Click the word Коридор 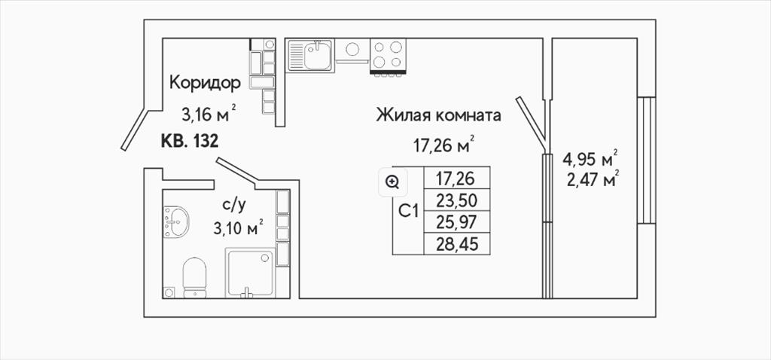[205, 83]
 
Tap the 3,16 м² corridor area [209, 114]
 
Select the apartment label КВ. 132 [189, 142]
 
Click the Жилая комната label [439, 116]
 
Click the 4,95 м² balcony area [590, 159]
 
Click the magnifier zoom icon [392, 183]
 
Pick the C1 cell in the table [408, 211]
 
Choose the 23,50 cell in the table [457, 200]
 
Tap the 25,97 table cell [457, 222]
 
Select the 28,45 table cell [457, 243]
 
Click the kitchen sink [310, 55]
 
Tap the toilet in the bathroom [194, 278]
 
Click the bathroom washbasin [175, 221]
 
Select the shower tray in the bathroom [250, 273]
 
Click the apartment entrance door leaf [134, 129]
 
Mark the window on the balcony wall [647, 160]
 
